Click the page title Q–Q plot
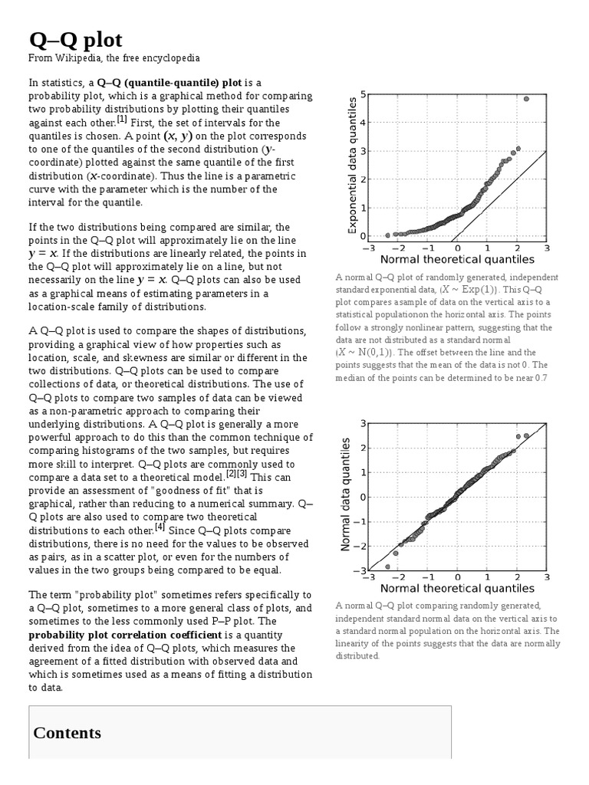[75, 40]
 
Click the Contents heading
[67, 732]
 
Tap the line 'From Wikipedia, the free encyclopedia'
[114, 58]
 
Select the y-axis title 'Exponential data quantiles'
[353, 165]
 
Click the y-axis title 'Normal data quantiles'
[346, 494]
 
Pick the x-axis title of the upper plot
[457, 260]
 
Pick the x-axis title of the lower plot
[457, 589]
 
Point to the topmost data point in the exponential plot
[526, 99]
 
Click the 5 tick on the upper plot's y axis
[362, 94]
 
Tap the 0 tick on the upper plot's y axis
[362, 236]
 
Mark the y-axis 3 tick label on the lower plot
[362, 423]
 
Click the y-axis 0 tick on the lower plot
[362, 497]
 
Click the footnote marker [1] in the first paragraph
[122, 120]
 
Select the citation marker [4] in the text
[160, 527]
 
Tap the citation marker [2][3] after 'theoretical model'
[237, 474]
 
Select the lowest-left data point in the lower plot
[387, 567]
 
